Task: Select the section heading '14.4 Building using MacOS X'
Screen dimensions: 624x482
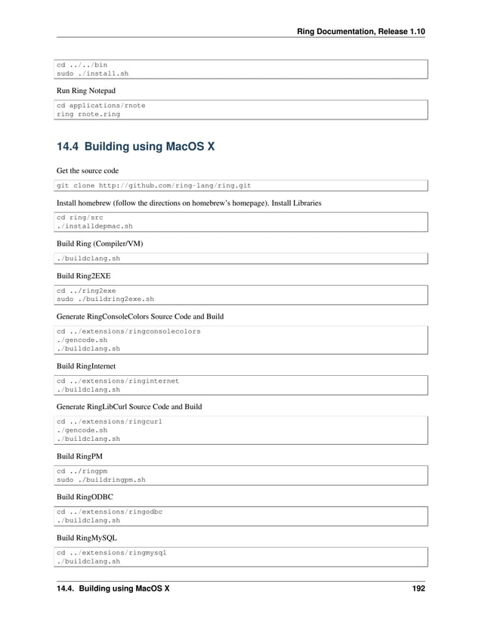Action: coord(135,146)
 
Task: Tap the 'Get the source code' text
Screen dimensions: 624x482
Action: coord(88,170)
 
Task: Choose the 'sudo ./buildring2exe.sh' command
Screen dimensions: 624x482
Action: coord(106,299)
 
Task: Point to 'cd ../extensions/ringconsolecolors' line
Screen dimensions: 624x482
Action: coord(128,331)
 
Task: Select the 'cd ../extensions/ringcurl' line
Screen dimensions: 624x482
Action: coord(110,421)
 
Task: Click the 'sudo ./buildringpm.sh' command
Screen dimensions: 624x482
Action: coord(101,480)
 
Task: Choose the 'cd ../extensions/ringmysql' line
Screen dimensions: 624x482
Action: coord(112,553)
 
